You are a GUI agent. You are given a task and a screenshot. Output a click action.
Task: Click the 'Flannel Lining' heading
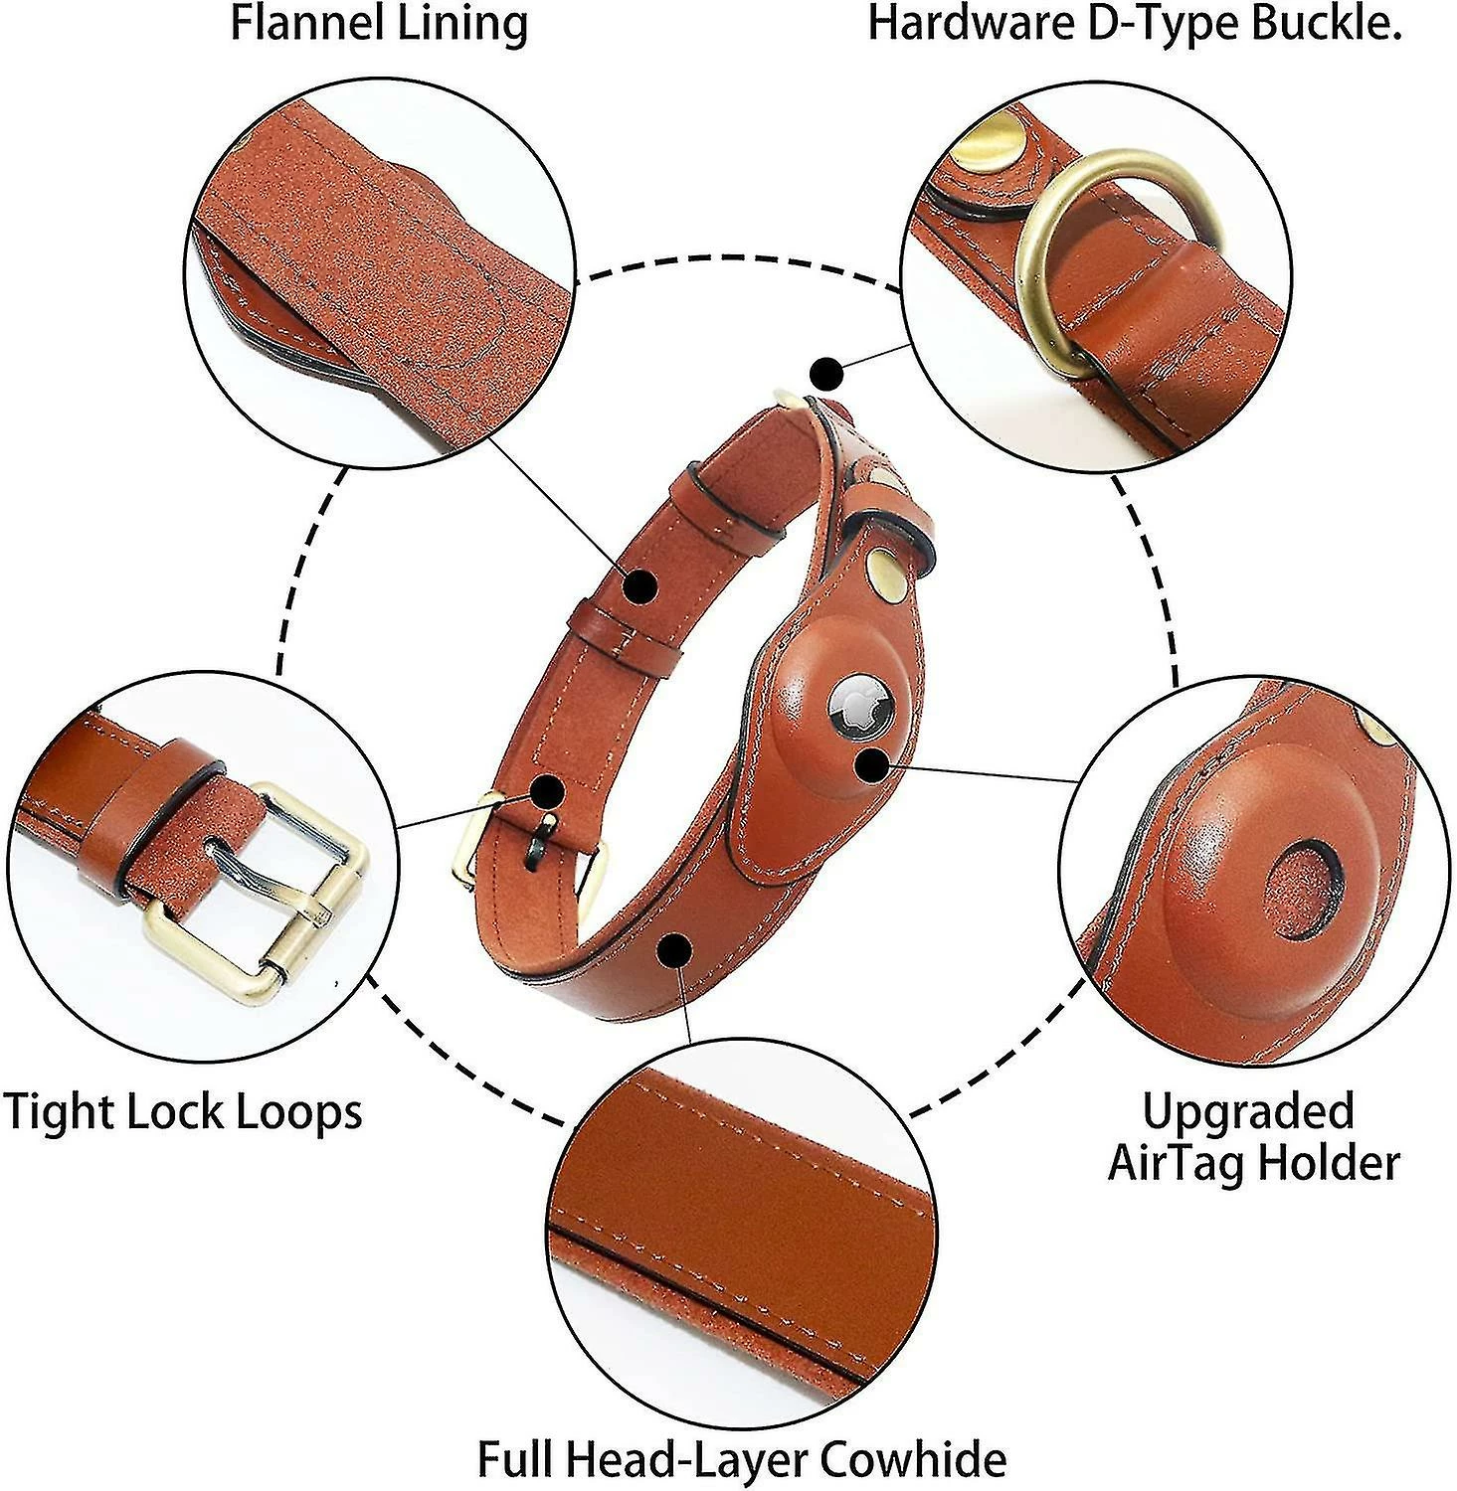click(x=379, y=24)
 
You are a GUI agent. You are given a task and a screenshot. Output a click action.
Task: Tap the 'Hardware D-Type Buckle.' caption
click(x=1135, y=24)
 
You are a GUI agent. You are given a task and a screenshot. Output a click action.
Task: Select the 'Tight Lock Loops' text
click(x=183, y=1110)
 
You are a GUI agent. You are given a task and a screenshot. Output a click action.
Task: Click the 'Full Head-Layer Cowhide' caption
click(x=741, y=1459)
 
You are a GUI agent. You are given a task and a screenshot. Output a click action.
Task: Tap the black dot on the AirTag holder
click(x=872, y=765)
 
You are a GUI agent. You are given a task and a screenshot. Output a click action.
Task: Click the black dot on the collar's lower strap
click(x=676, y=950)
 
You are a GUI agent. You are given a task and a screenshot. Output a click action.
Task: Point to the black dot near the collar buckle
click(x=547, y=792)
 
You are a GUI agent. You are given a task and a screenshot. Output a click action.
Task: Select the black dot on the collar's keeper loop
click(x=641, y=585)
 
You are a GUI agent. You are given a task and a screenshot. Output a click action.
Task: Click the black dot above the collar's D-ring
click(x=824, y=375)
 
